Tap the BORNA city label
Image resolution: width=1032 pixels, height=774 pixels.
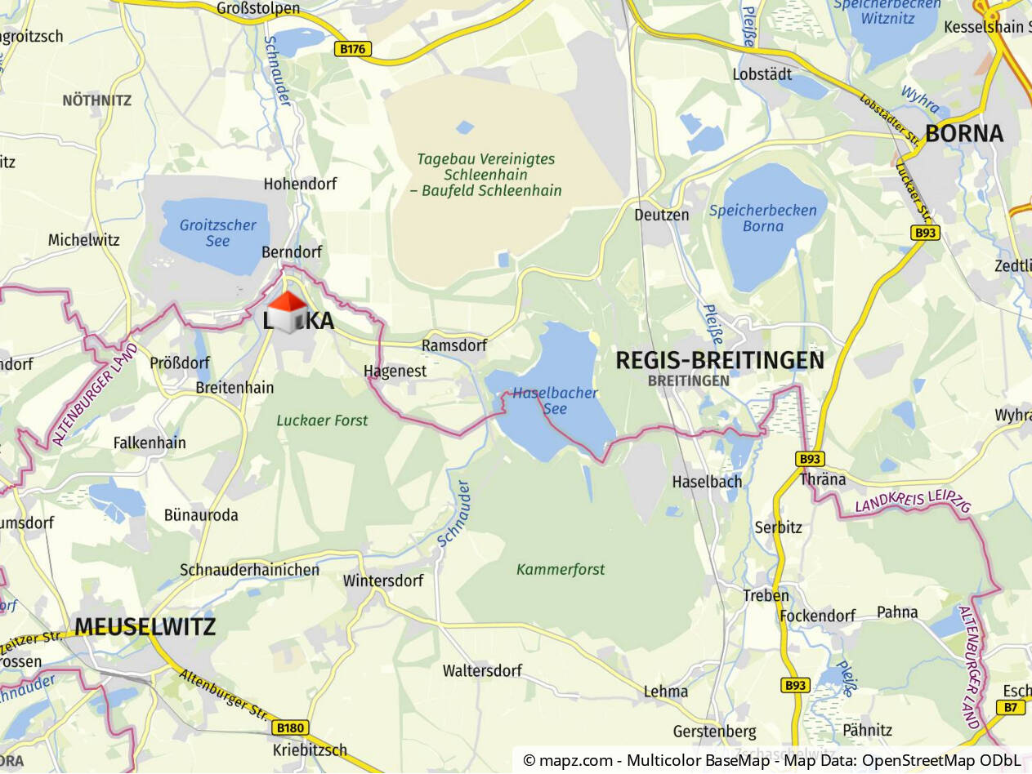pyautogui.click(x=963, y=134)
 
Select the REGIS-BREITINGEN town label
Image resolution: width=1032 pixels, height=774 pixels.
pyautogui.click(x=719, y=360)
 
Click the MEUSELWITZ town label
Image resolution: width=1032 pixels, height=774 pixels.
pyautogui.click(x=145, y=627)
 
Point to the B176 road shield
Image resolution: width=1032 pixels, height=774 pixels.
pyautogui.click(x=353, y=49)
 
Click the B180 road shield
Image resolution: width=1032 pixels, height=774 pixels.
pyautogui.click(x=290, y=727)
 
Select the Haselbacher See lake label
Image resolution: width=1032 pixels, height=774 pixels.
pyautogui.click(x=555, y=400)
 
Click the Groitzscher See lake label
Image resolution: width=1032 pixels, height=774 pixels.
pyautogui.click(x=218, y=233)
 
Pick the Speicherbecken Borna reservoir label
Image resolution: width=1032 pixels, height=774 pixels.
pyautogui.click(x=762, y=218)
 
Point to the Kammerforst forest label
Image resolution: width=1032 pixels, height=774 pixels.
pyautogui.click(x=561, y=569)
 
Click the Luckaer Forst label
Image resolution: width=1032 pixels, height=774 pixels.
pyautogui.click(x=322, y=420)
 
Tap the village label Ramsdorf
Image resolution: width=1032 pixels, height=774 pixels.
pyautogui.click(x=453, y=345)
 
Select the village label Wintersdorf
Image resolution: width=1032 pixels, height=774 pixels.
pyautogui.click(x=383, y=581)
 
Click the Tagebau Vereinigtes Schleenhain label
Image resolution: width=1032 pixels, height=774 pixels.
pyautogui.click(x=486, y=175)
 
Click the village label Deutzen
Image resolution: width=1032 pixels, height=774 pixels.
pyautogui.click(x=661, y=215)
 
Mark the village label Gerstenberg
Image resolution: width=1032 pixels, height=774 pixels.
pyautogui.click(x=714, y=731)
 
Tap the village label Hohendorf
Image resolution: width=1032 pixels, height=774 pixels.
pyautogui.click(x=300, y=184)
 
